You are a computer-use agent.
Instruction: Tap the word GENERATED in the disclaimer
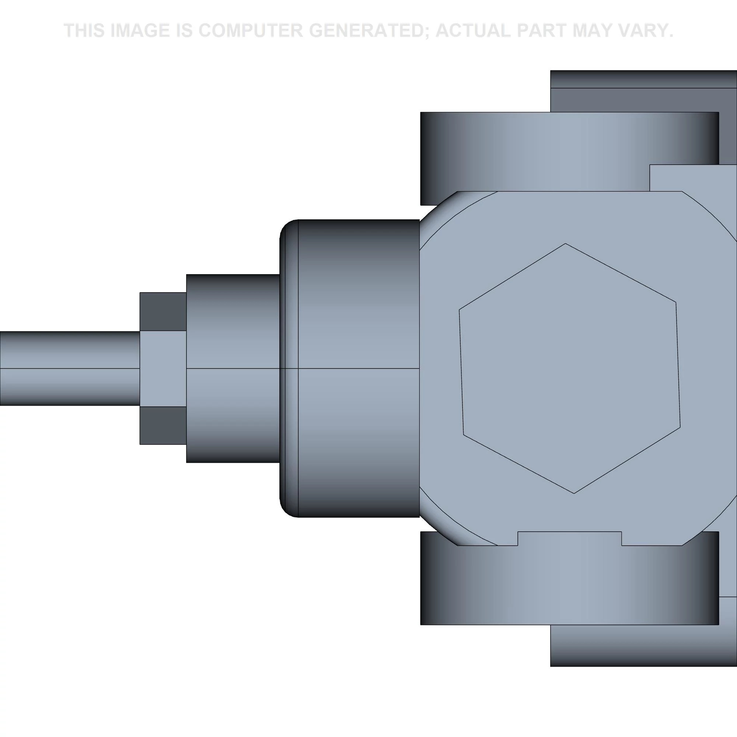tap(368, 31)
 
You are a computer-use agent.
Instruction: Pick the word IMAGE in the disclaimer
tap(140, 31)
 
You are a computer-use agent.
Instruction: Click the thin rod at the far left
tap(70, 368)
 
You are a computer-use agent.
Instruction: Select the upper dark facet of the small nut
tap(163, 312)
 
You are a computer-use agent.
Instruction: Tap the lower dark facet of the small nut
tap(163, 425)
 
